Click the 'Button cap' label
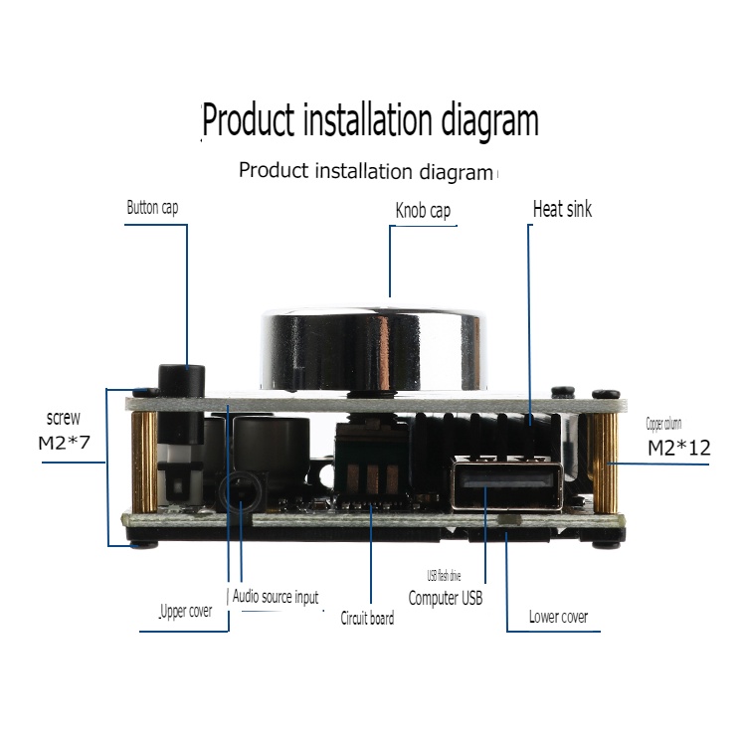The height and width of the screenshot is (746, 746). point(152,208)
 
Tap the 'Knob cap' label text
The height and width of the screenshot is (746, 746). point(423,211)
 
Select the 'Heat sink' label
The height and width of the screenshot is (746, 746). point(562,209)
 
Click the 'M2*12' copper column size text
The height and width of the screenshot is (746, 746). point(679,448)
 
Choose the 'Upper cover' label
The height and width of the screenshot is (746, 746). point(186,612)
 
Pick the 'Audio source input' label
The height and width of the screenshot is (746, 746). point(276,597)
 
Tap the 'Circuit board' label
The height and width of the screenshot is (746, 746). point(367,618)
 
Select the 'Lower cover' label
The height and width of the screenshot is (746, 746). point(558,617)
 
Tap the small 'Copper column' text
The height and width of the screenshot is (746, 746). point(664,424)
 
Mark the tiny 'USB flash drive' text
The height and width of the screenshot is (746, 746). point(443,576)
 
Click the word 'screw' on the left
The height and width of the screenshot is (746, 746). point(64,418)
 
